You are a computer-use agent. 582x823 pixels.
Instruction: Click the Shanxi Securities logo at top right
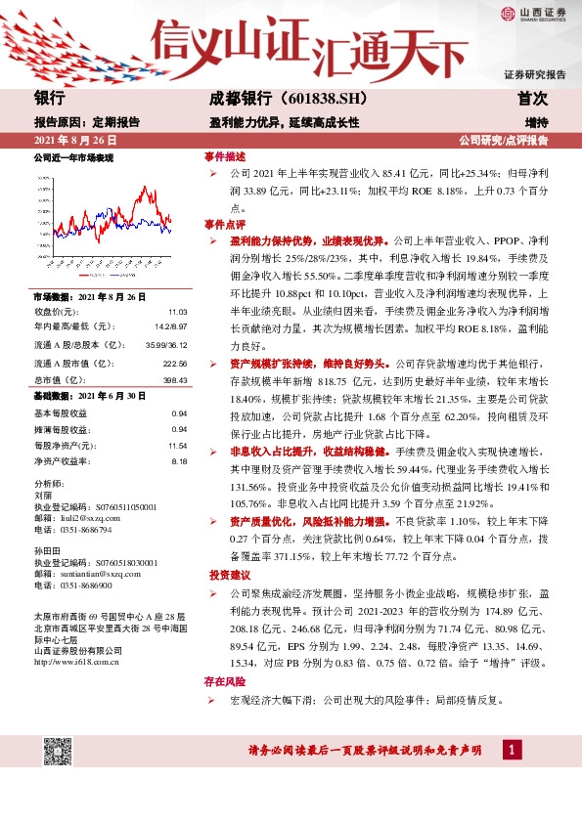pyautogui.click(x=534, y=13)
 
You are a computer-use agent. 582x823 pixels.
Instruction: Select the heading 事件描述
pyautogui.click(x=224, y=157)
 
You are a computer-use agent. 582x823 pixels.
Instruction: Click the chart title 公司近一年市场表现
pyautogui.click(x=73, y=157)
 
